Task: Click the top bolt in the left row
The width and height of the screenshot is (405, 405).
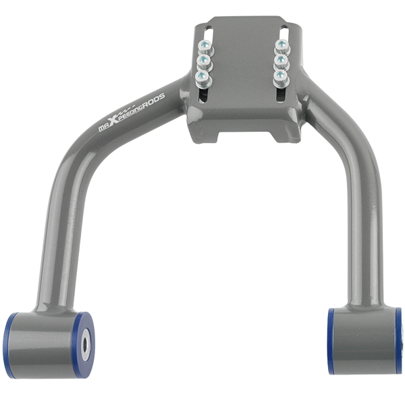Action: coord(201,47)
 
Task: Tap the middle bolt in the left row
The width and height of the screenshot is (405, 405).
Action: coord(201,63)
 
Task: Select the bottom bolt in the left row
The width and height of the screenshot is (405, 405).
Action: coord(201,79)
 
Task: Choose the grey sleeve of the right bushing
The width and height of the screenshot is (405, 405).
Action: coord(368,341)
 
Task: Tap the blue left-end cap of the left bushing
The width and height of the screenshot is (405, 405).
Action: coord(9,344)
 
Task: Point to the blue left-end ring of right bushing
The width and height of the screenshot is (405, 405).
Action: coord(331,341)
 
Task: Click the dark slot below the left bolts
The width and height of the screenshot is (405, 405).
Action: coord(204,95)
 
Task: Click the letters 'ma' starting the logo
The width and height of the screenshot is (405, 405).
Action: coord(105,128)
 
